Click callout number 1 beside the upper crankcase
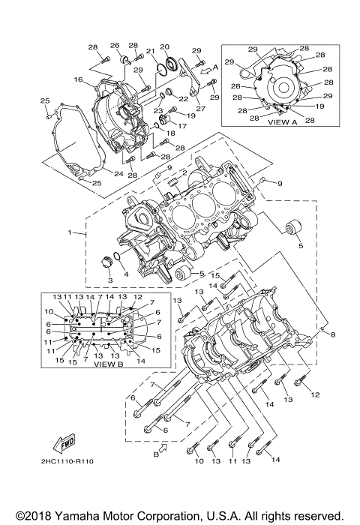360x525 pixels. [70, 233]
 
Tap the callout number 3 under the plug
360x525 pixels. [109, 280]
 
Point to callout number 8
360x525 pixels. [334, 334]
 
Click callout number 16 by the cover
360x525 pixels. [77, 79]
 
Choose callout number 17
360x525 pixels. [182, 124]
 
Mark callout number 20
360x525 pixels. [165, 46]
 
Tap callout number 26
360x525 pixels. [115, 45]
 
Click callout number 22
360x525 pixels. [183, 99]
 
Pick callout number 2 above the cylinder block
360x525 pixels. [173, 172]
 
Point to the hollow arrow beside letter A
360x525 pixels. [205, 70]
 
